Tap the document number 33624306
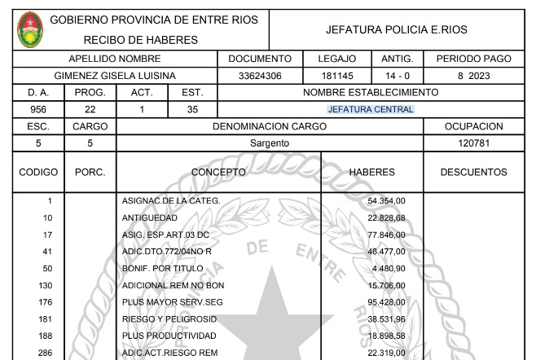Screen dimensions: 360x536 point(260,76)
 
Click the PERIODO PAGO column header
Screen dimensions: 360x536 point(474,59)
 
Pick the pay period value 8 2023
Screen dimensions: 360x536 point(474,76)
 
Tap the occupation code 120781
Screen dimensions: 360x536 point(474,143)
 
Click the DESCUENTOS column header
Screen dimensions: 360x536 point(474,173)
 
